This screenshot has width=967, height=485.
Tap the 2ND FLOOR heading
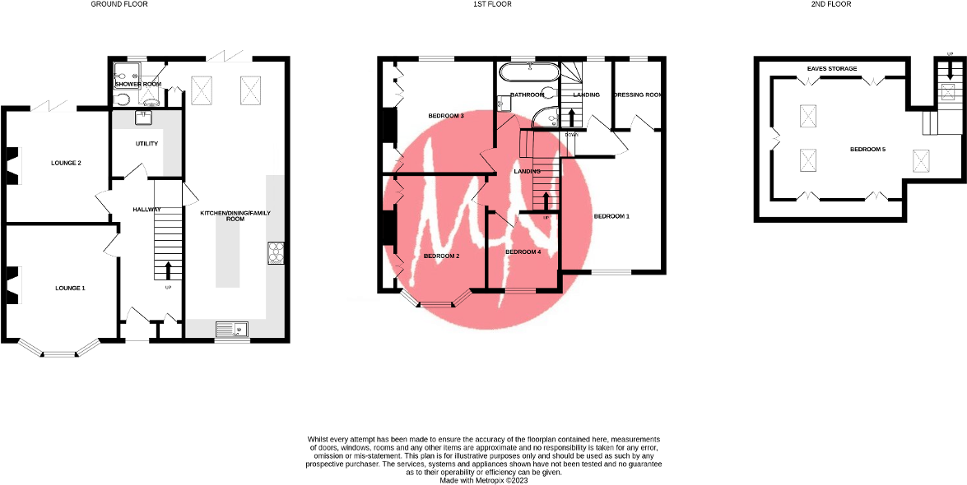coord(831,4)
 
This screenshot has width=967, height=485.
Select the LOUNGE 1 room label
coord(70,289)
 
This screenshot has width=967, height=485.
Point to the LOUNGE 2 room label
coord(67,163)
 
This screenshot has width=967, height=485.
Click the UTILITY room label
coord(146,144)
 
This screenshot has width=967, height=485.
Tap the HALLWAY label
coord(146,210)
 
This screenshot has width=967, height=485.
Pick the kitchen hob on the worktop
coord(276,253)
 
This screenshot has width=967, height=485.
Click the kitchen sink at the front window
coord(232,330)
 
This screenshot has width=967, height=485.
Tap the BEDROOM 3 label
coord(446,116)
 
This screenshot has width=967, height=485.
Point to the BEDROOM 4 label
coord(523,252)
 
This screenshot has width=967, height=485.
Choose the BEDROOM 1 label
coord(611,216)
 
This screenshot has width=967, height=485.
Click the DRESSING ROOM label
coord(639,95)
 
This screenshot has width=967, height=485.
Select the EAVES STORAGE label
coord(831,68)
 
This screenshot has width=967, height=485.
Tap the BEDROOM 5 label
coord(867,149)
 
